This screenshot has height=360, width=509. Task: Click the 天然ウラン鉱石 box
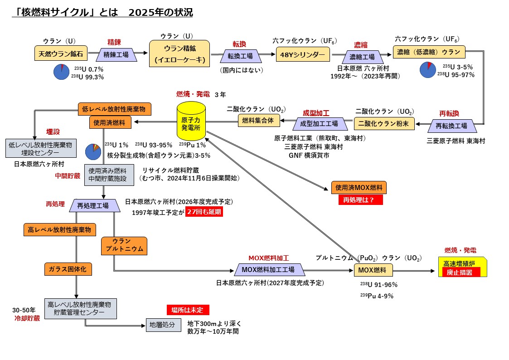pyautogui.click(x=61, y=54)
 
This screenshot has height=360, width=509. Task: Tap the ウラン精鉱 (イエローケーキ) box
pyautogui.click(x=180, y=54)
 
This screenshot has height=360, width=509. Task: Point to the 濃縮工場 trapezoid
pyautogui.click(x=362, y=57)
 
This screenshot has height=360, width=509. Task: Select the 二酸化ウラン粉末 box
pyautogui.click(x=384, y=123)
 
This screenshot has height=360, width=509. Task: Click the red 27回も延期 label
pyautogui.click(x=204, y=212)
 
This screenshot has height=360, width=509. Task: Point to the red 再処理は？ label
pyautogui.click(x=360, y=200)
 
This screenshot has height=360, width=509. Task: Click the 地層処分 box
pyautogui.click(x=160, y=325)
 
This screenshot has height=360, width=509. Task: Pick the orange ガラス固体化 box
pyautogui.click(x=68, y=269)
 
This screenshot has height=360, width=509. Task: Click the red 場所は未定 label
pyautogui.click(x=188, y=310)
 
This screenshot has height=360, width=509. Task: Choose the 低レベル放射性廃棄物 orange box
pyautogui.click(x=114, y=109)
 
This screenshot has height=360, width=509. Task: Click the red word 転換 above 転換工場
pyautogui.click(x=239, y=44)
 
